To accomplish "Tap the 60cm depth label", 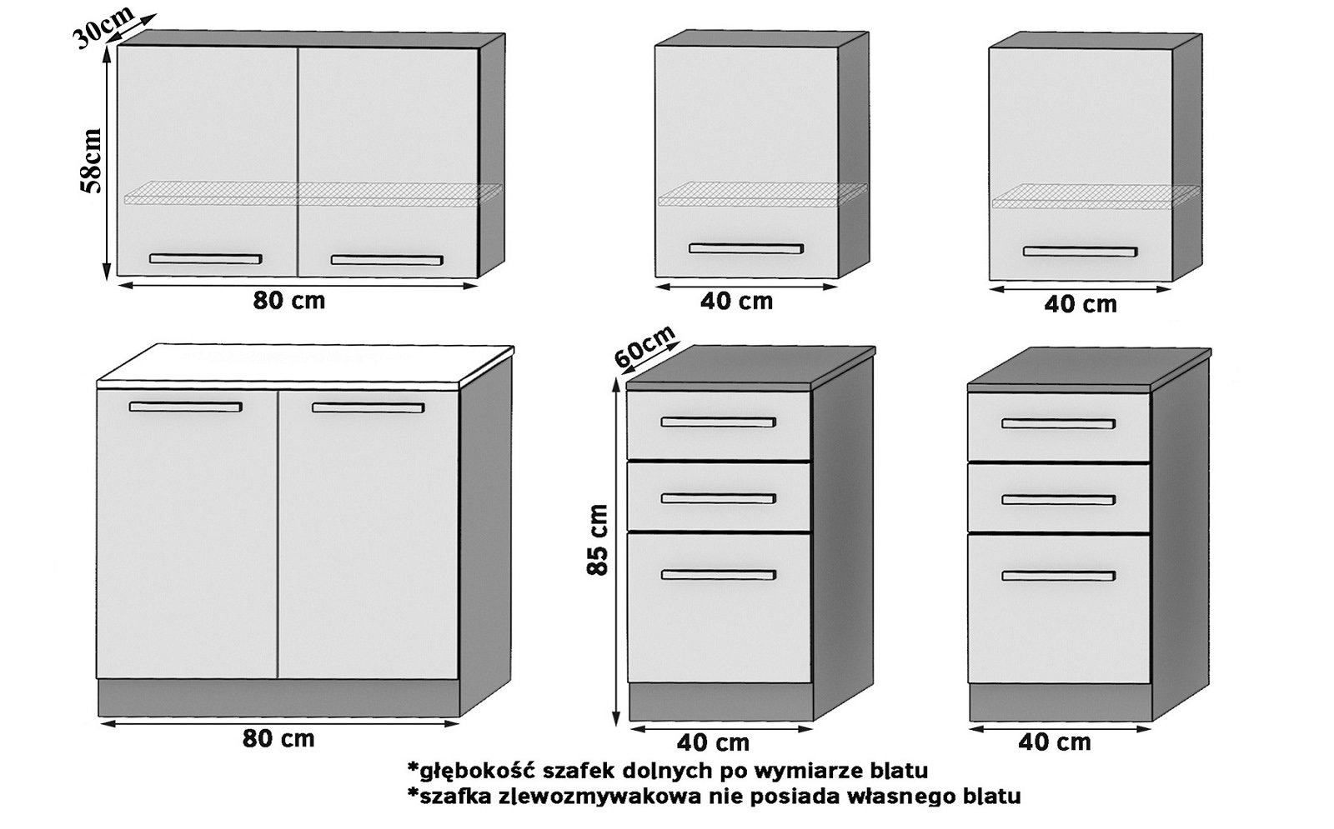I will coord(644,347).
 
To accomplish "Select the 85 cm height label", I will coord(597,540).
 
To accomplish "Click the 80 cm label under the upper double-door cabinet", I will coord(289,301).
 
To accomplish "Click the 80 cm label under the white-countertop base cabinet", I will coord(278,738).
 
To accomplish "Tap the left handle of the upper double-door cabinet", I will coord(205,259).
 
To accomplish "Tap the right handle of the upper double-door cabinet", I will coord(387,260).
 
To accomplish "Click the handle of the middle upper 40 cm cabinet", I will coord(745,248).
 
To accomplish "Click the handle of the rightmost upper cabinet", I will coord(1080,252).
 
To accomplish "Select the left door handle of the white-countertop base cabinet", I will coord(185,407).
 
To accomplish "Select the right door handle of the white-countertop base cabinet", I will coord(368,408).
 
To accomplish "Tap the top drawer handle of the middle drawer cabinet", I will coord(718,422).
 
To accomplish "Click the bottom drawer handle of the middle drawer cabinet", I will coord(718,575).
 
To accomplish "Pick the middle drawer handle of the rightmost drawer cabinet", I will coord(1058,500).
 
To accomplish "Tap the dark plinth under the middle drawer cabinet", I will coord(720,702).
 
